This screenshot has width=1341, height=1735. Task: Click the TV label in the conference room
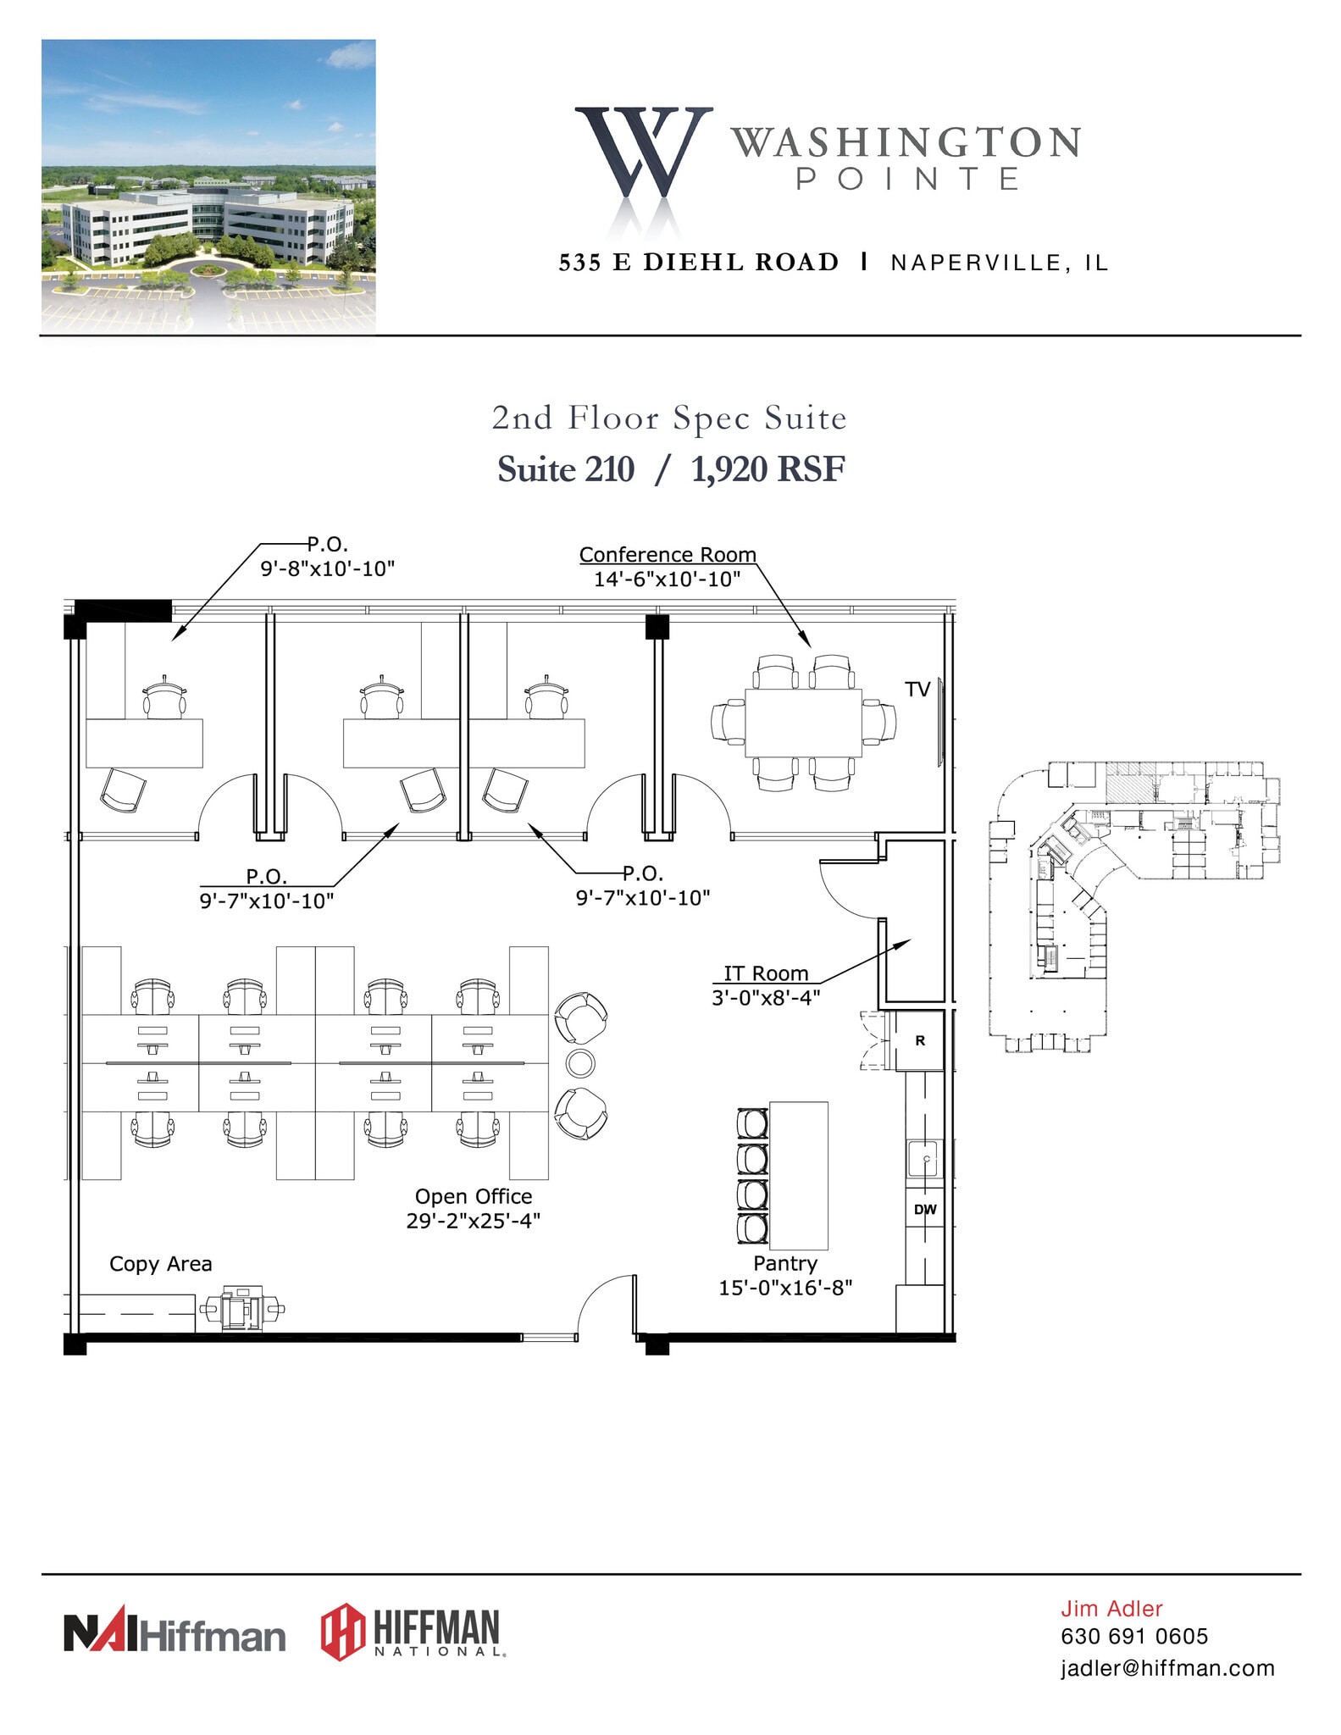pyautogui.click(x=917, y=690)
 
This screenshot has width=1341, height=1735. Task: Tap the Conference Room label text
pyautogui.click(x=668, y=555)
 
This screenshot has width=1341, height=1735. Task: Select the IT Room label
pyautogui.click(x=766, y=973)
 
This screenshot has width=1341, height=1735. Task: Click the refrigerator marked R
pyautogui.click(x=920, y=1040)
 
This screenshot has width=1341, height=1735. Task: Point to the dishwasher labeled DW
pyautogui.click(x=925, y=1210)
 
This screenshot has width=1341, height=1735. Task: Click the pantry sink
pyautogui.click(x=924, y=1158)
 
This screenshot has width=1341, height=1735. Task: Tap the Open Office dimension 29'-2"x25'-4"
pyautogui.click(x=474, y=1221)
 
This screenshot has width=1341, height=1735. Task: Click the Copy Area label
pyautogui.click(x=161, y=1264)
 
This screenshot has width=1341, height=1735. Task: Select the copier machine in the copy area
pyautogui.click(x=241, y=1308)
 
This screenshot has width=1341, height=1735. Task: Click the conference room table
pyautogui.click(x=803, y=723)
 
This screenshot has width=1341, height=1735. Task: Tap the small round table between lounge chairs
pyautogui.click(x=580, y=1062)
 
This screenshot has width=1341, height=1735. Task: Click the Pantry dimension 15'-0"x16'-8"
pyautogui.click(x=785, y=1288)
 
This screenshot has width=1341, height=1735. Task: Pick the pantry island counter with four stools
pyautogui.click(x=798, y=1175)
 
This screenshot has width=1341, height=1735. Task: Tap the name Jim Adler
pyautogui.click(x=1111, y=1609)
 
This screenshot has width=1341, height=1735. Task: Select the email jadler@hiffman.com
pyautogui.click(x=1167, y=1668)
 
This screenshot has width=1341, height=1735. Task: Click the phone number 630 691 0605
pyautogui.click(x=1134, y=1637)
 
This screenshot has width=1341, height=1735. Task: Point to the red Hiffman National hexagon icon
pyautogui.click(x=343, y=1632)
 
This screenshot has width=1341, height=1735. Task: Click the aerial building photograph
pyautogui.click(x=208, y=186)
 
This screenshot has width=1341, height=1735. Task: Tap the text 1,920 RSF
pyautogui.click(x=767, y=469)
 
